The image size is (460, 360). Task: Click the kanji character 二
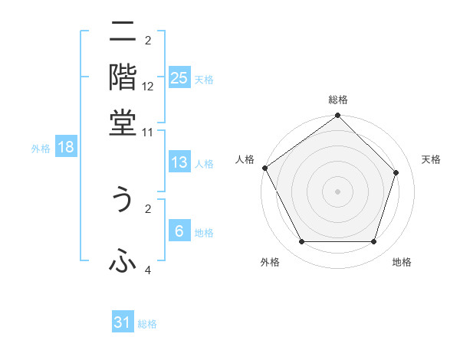coord(123,33)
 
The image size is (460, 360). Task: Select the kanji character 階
coord(123,77)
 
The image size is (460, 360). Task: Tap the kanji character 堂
coord(123,122)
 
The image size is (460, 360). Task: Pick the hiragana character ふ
coord(123,262)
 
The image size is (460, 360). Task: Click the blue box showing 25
coord(179,78)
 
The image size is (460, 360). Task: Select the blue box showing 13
coord(179,162)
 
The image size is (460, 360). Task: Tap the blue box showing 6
coord(179,232)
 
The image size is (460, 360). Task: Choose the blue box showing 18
coord(66,148)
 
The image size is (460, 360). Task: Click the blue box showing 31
coord(123,323)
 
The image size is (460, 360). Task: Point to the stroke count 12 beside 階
coord(148,87)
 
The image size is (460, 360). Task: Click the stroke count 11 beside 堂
coord(148,132)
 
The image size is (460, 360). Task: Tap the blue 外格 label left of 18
coord(41,149)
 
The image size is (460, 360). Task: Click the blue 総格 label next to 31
coord(147,324)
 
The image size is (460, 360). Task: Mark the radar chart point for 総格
coord(337,116)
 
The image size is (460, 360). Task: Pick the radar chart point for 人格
coord(265,168)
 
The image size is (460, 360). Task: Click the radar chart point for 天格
coord(396,172)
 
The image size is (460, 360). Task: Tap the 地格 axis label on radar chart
coord(402,262)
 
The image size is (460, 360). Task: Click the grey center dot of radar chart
coord(337,191)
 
